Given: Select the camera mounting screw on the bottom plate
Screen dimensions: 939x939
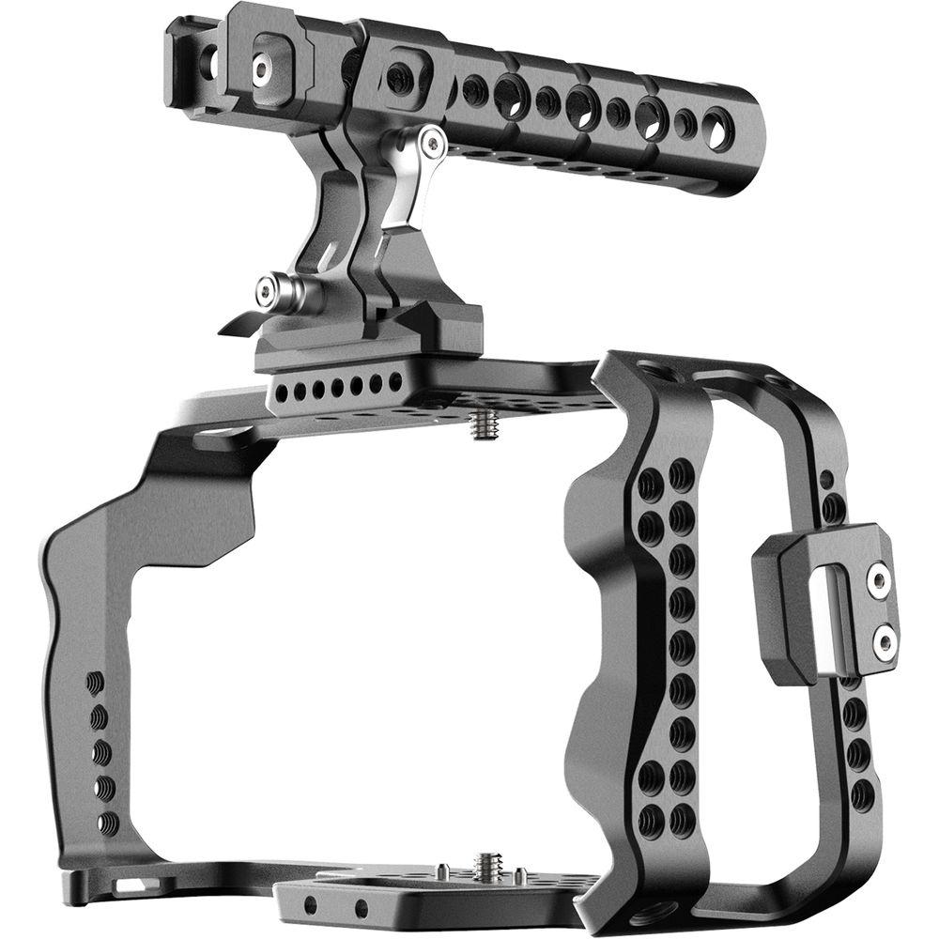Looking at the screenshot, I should point(487,865).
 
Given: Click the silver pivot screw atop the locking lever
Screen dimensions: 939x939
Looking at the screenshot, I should point(431,143).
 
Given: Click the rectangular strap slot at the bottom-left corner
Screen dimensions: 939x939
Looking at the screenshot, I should point(125,885).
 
